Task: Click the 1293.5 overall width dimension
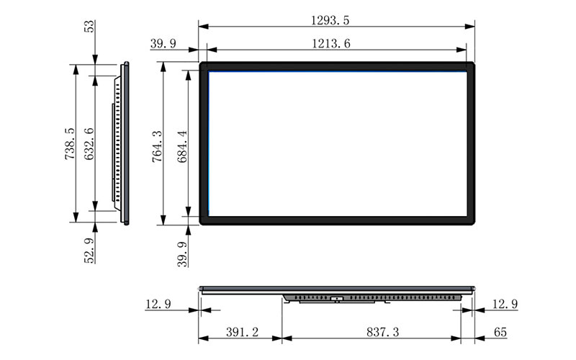point(330,20)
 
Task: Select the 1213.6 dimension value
point(331,44)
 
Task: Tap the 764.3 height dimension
point(157,146)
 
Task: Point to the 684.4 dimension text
point(182,146)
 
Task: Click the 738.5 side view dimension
point(70,143)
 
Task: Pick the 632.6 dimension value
point(89,143)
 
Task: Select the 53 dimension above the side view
point(89,27)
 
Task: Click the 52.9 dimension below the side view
point(89,251)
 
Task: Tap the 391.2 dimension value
point(242,332)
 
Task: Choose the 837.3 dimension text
point(382,332)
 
